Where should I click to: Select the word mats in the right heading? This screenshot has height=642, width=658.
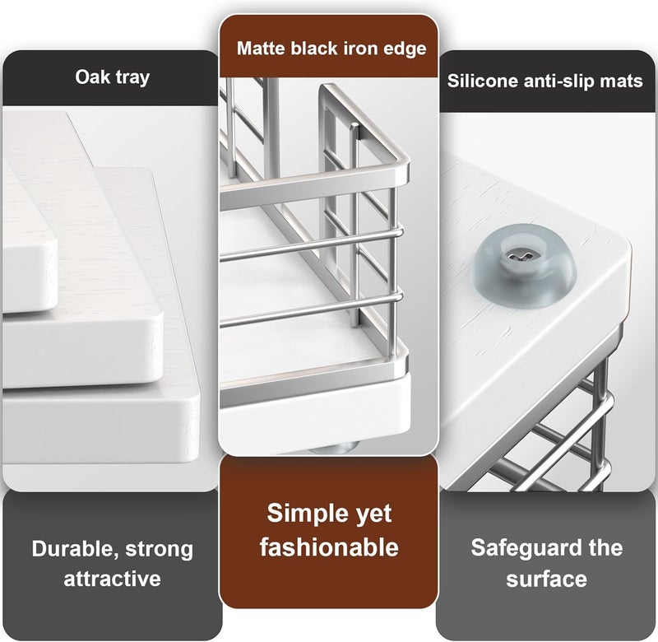[x=621, y=81]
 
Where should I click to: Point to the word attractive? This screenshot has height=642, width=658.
[x=112, y=579]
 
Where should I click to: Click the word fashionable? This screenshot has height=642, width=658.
[x=329, y=547]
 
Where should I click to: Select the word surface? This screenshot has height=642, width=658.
[x=546, y=579]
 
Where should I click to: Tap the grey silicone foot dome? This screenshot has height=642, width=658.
[x=525, y=263]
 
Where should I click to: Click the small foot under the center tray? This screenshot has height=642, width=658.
[x=334, y=449]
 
